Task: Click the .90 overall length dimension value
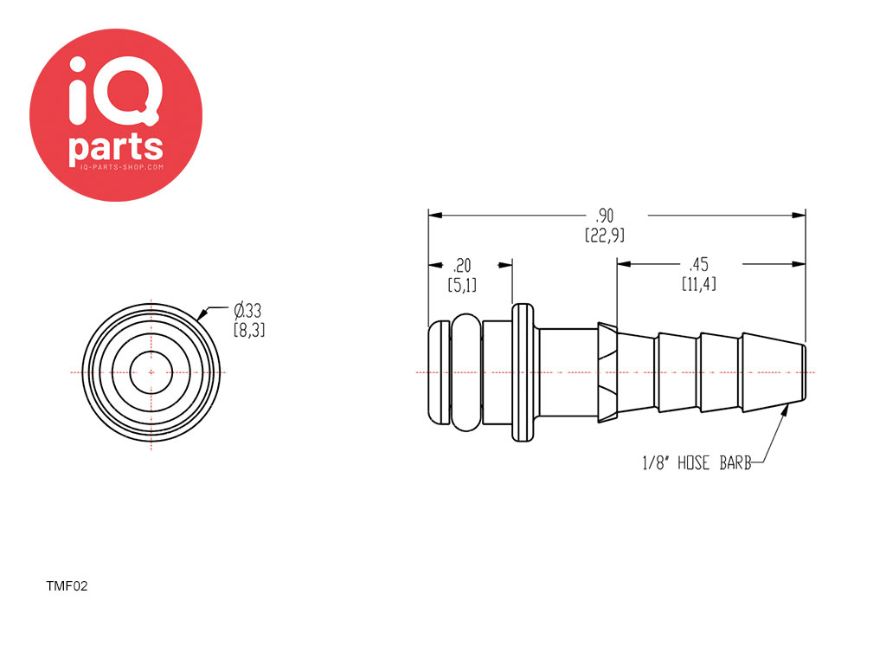coord(605,216)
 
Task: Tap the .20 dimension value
coord(462,265)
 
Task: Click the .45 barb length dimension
coord(699,265)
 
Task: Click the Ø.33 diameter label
coord(247,311)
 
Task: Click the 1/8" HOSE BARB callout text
coord(697,463)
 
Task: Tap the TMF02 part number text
coord(67,586)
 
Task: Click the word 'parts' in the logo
coord(116,148)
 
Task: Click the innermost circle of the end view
coord(151,354)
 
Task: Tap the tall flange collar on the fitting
coord(523,372)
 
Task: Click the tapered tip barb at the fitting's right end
coord(774,372)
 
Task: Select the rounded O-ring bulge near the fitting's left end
coord(466,372)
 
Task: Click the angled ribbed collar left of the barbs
coord(607,372)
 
